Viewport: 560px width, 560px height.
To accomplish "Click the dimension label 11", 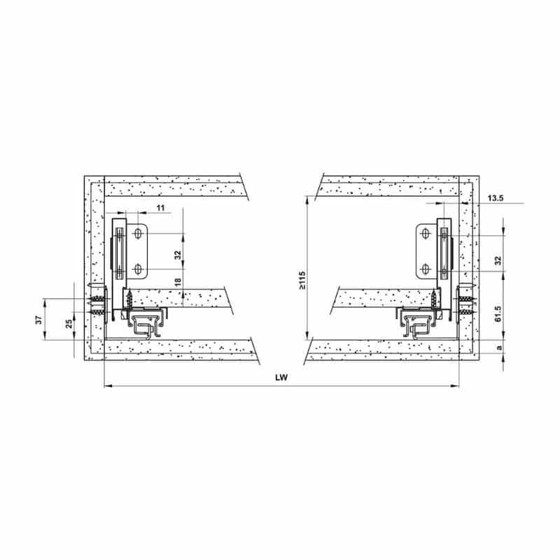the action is coord(161,208).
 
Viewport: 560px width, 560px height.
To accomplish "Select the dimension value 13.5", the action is coord(496,198).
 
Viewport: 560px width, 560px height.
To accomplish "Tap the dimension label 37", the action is coord(39,319).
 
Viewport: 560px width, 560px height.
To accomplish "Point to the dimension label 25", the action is coord(69,323).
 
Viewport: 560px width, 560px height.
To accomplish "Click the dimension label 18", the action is coord(178,282).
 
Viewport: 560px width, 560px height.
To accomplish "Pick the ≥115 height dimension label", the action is coord(302,281).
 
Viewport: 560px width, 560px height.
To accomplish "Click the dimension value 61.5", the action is coord(499,314).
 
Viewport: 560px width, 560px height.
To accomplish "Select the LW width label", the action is coord(281,377).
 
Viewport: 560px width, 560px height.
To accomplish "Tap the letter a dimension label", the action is coord(500,347).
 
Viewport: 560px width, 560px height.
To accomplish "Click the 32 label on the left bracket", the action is coord(178,255).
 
